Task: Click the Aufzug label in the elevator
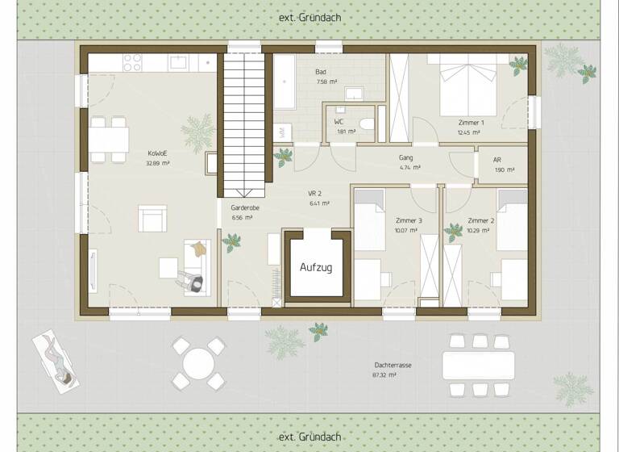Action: [316, 267]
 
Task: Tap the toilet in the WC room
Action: [367, 123]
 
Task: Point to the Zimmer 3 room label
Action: [409, 220]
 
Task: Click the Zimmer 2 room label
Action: [480, 220]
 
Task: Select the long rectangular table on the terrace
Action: [478, 365]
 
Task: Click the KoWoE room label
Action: [157, 153]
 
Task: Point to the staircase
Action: [243, 121]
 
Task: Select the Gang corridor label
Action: [406, 158]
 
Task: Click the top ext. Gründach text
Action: [309, 18]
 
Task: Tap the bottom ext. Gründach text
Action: [309, 437]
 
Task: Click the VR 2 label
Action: [315, 194]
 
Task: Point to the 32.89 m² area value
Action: [157, 163]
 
